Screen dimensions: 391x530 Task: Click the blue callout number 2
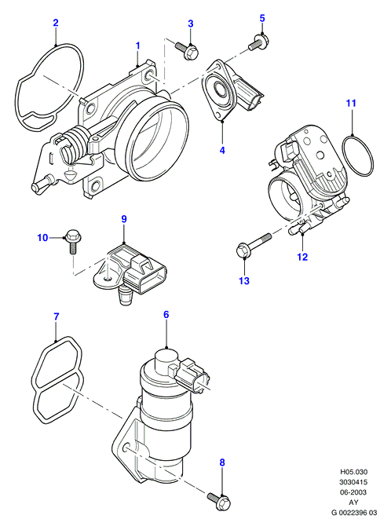point(56,23)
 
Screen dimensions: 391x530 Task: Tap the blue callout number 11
point(351,103)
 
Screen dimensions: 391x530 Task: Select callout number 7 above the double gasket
point(56,316)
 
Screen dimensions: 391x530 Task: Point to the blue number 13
point(244,280)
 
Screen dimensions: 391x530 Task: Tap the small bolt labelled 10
point(72,241)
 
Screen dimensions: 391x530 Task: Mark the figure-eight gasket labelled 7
point(57,379)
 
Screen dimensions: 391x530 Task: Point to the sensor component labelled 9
point(130,270)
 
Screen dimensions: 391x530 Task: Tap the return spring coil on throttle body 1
point(75,144)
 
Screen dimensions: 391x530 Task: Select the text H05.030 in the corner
point(353,472)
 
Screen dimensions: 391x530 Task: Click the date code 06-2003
point(353,492)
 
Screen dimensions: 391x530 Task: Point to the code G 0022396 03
point(353,513)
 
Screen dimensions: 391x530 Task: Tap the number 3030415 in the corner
point(353,482)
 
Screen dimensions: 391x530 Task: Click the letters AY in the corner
point(353,503)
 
